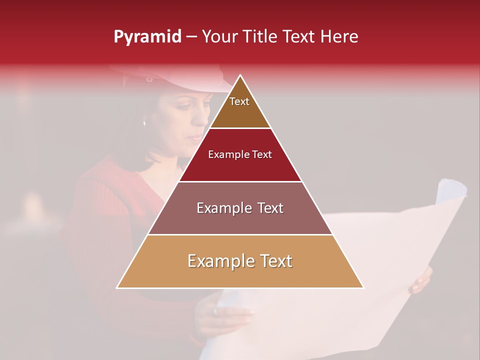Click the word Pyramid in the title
pyautogui.click(x=147, y=37)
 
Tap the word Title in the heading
pyautogui.click(x=260, y=37)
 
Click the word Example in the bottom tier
pyautogui.click(x=218, y=261)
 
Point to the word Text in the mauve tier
pyautogui.click(x=270, y=208)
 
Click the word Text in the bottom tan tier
pyautogui.click(x=276, y=261)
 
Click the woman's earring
pyautogui.click(x=144, y=122)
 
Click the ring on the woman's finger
pyautogui.click(x=215, y=311)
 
